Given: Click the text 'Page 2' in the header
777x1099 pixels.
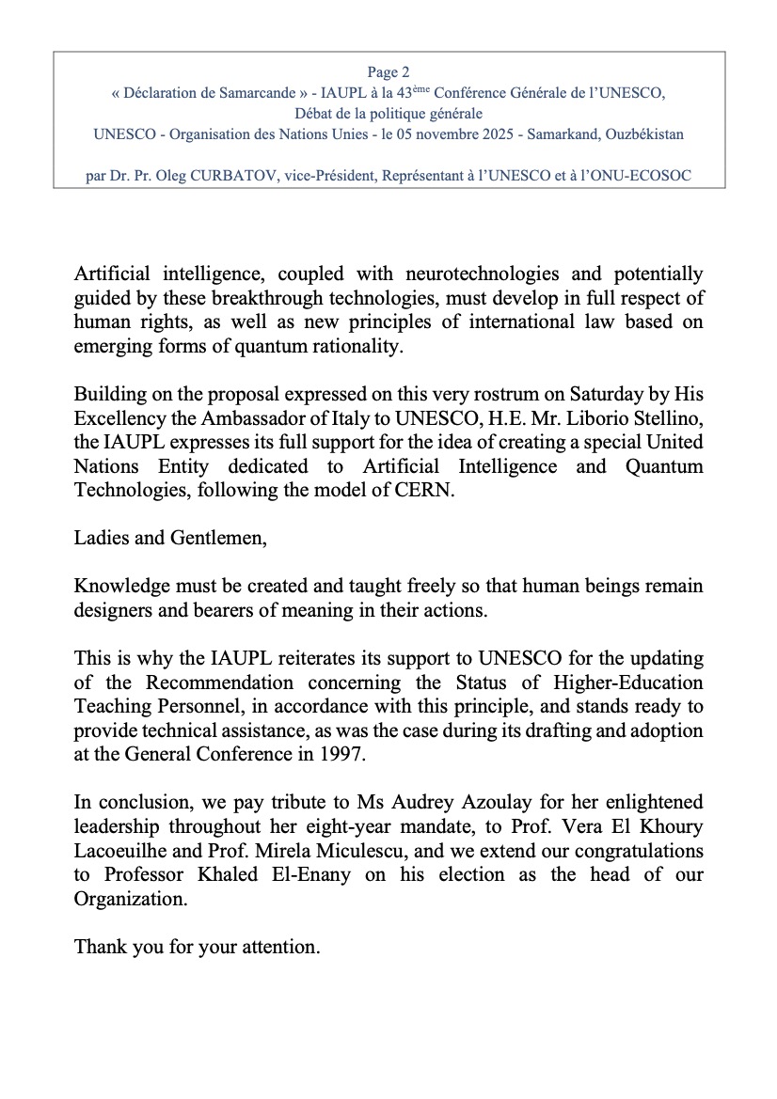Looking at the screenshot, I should click(388, 71).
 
